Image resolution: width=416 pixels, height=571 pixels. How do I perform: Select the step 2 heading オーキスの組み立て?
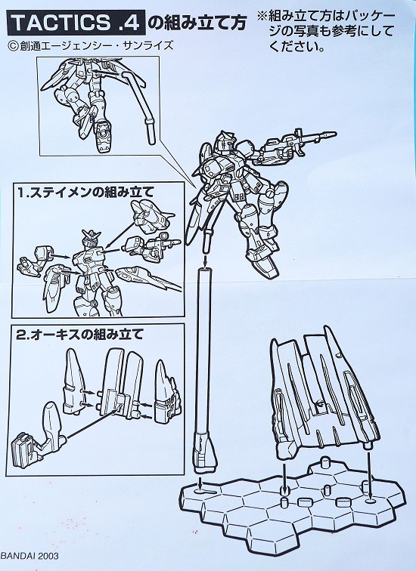(83, 331)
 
